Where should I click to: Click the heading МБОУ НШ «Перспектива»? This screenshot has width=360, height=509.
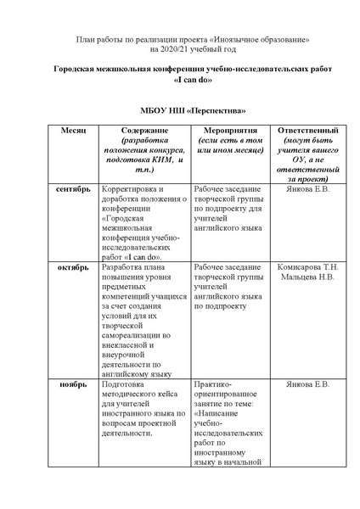(x=180, y=111)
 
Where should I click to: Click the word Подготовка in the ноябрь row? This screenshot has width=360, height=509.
(x=126, y=384)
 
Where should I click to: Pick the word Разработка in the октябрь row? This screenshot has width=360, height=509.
(x=124, y=268)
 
